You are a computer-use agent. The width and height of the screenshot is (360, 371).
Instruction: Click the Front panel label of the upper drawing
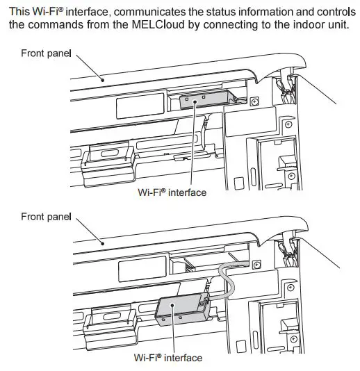(x=46, y=53)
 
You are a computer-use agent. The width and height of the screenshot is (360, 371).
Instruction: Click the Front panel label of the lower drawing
(x=46, y=217)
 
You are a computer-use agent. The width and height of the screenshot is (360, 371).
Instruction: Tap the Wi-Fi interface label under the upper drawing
(x=172, y=192)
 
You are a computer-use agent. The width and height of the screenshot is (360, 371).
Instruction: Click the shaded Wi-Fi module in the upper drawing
(x=201, y=101)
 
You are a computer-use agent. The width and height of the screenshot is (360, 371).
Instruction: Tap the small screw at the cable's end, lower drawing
(x=256, y=265)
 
